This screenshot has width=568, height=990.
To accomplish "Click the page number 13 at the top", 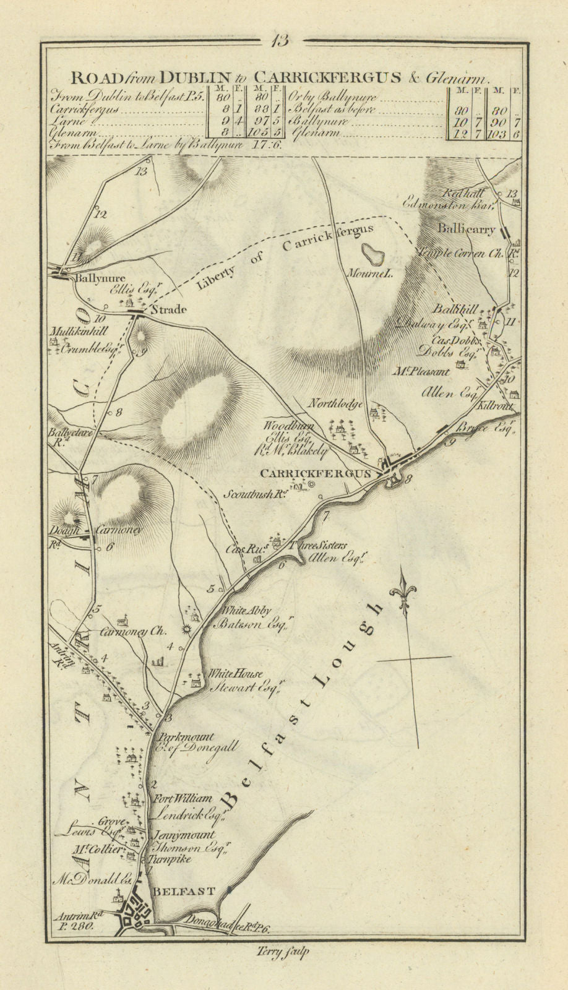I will click(285, 41).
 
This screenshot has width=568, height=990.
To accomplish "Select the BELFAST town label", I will click(184, 892).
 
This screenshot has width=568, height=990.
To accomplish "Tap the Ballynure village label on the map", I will click(91, 278).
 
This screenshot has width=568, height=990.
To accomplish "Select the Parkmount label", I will click(187, 737).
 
